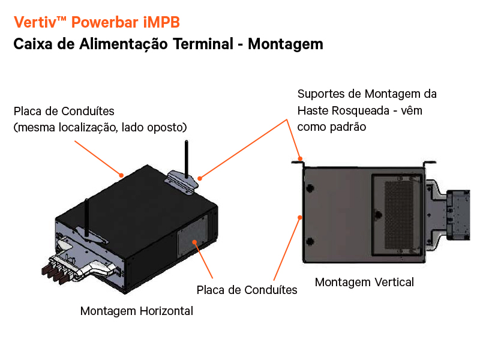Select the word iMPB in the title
coord(161,23)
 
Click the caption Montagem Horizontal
coord(137,311)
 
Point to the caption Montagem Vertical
coord(364,282)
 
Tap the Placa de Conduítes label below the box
coord(247,290)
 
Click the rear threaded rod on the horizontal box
coord(186,158)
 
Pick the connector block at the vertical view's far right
coord(461,214)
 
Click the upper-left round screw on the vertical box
coord(310,188)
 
